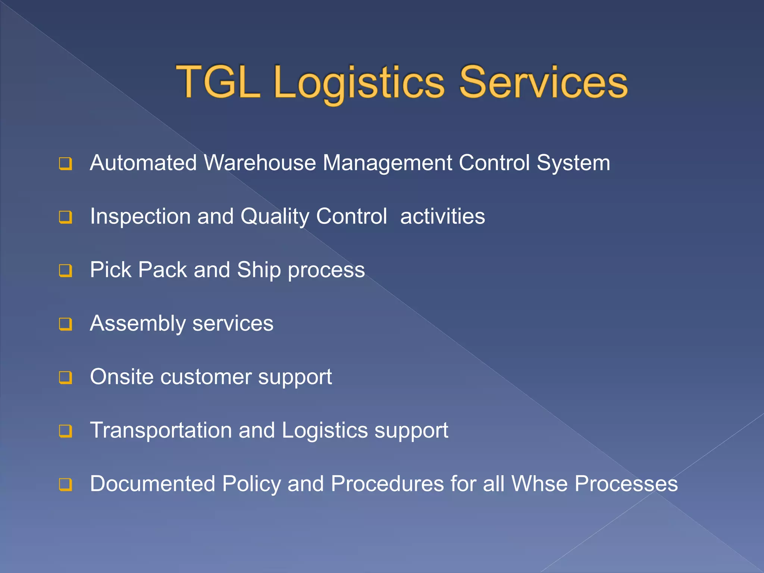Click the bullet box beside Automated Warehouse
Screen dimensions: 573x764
(x=65, y=164)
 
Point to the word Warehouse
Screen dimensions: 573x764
(x=260, y=163)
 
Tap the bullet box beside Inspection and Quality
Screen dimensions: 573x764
(x=65, y=217)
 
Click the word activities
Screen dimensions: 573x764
(x=442, y=216)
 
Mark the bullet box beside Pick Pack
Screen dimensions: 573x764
(x=65, y=270)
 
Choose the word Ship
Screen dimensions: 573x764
(x=259, y=270)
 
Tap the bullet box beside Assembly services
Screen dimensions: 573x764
(x=65, y=324)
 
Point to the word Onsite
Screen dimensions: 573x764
(x=122, y=377)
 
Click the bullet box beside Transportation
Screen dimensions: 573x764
(x=65, y=431)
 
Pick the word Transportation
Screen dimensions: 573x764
(x=161, y=430)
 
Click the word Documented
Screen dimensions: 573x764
(x=153, y=484)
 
